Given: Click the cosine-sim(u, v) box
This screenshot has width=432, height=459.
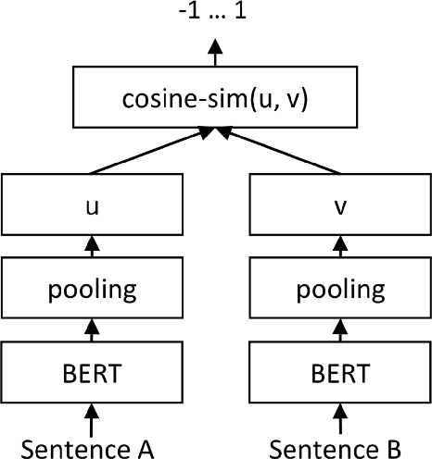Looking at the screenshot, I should point(215,100).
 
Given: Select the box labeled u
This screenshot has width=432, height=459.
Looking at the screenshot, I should point(91,209).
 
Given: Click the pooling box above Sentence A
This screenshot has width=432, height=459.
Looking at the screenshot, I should point(91,289).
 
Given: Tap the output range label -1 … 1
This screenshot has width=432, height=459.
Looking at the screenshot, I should point(215,16).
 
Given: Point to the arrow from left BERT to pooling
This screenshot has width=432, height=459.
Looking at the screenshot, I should point(91,328).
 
